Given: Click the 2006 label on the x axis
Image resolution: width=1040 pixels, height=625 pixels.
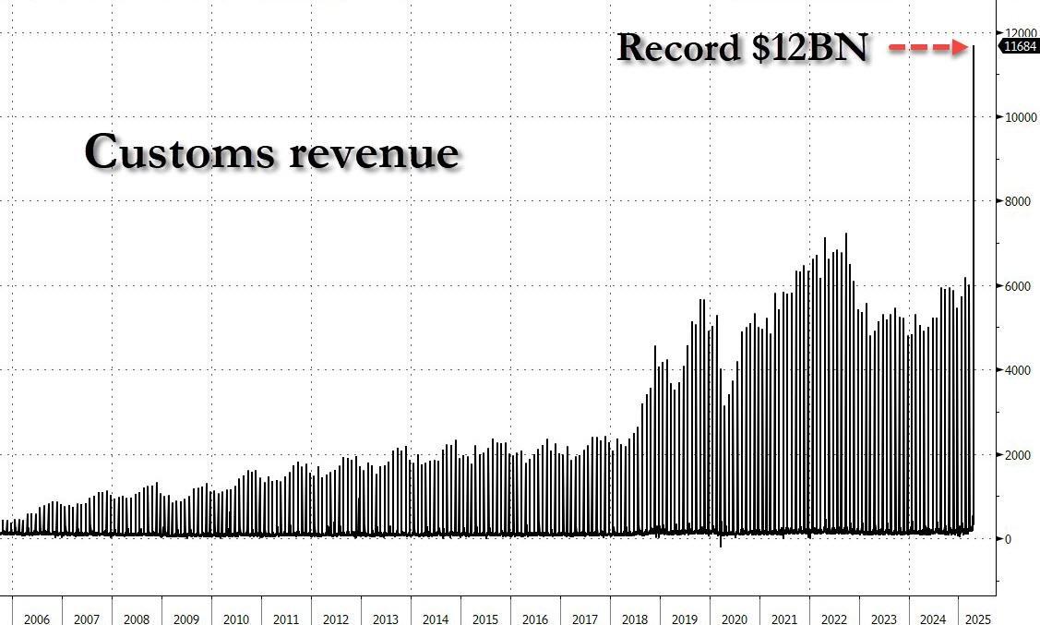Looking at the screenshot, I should point(37,619).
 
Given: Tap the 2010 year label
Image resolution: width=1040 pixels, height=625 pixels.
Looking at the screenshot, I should point(236,619).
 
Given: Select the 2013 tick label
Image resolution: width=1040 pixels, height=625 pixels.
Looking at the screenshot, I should point(386,619).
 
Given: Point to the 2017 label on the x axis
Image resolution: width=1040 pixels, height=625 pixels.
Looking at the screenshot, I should point(584,619).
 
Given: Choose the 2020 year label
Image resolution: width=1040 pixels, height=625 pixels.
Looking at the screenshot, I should point(734,619).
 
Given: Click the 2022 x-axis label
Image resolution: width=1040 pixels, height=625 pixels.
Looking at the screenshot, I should point(833,619).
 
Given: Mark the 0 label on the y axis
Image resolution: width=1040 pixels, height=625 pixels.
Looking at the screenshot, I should point(1009,539).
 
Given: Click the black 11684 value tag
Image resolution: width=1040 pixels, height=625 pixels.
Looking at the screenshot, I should point(1021,47).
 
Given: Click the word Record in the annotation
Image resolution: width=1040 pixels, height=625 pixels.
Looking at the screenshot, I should point(678,48).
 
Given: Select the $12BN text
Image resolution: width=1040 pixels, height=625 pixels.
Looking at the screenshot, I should point(809,48).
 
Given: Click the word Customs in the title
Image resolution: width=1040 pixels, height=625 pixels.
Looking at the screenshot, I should point(180,152).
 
